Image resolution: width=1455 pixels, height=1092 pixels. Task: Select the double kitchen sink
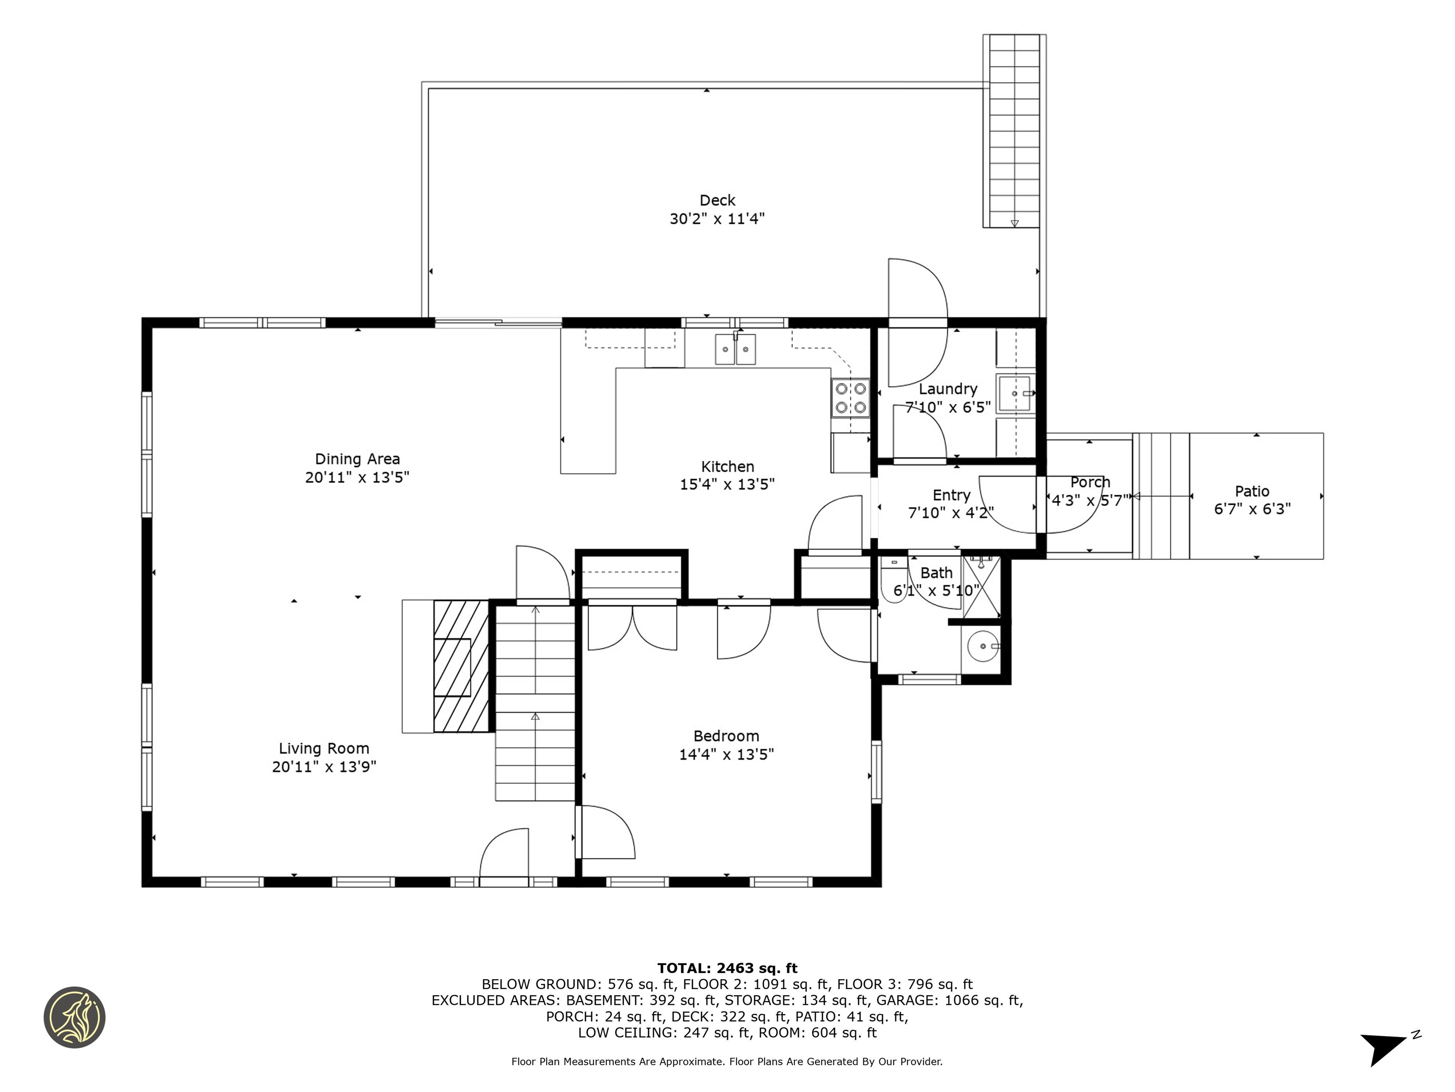736,349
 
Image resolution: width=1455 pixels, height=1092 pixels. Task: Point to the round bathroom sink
983,646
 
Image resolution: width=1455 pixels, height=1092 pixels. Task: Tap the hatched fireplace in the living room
460,665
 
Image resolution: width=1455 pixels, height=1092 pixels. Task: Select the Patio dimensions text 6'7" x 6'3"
1252,509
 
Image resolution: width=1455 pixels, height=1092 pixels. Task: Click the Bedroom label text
726,736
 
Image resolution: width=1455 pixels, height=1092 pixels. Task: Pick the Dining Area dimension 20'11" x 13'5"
357,477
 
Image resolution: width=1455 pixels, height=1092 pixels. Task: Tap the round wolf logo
74,1017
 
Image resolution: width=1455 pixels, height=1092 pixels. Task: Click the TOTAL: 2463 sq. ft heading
727,968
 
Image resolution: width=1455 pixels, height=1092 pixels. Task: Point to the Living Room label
323,748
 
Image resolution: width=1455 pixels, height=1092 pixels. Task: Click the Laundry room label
947,389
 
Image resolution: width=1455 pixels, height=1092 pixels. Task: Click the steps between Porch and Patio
1161,496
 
